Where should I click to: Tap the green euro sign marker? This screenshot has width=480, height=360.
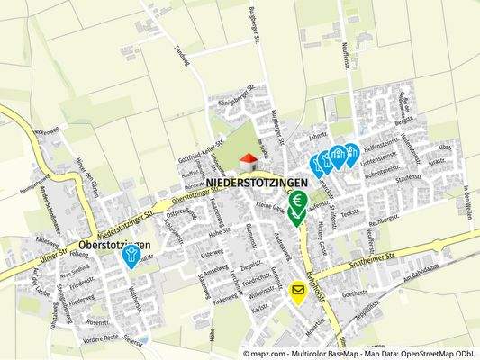coord(298,202)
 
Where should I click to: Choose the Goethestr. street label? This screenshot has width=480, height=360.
coord(357,292)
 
